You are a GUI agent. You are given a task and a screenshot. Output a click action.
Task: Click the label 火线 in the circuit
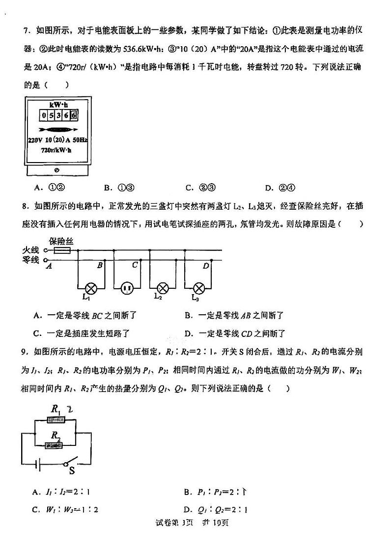point(31,250)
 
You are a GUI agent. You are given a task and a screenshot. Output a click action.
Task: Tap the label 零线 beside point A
point(31,260)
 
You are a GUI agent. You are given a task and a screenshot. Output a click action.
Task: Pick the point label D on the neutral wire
point(206,266)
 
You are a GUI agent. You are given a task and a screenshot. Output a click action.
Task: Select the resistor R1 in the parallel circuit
point(57,420)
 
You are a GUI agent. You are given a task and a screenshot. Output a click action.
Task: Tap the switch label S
point(72,472)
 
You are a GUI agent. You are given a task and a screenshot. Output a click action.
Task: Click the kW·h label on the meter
point(58,105)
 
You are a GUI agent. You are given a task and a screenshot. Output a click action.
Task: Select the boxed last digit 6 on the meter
point(74,116)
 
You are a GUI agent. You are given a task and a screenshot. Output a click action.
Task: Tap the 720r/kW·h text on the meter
point(56,150)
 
